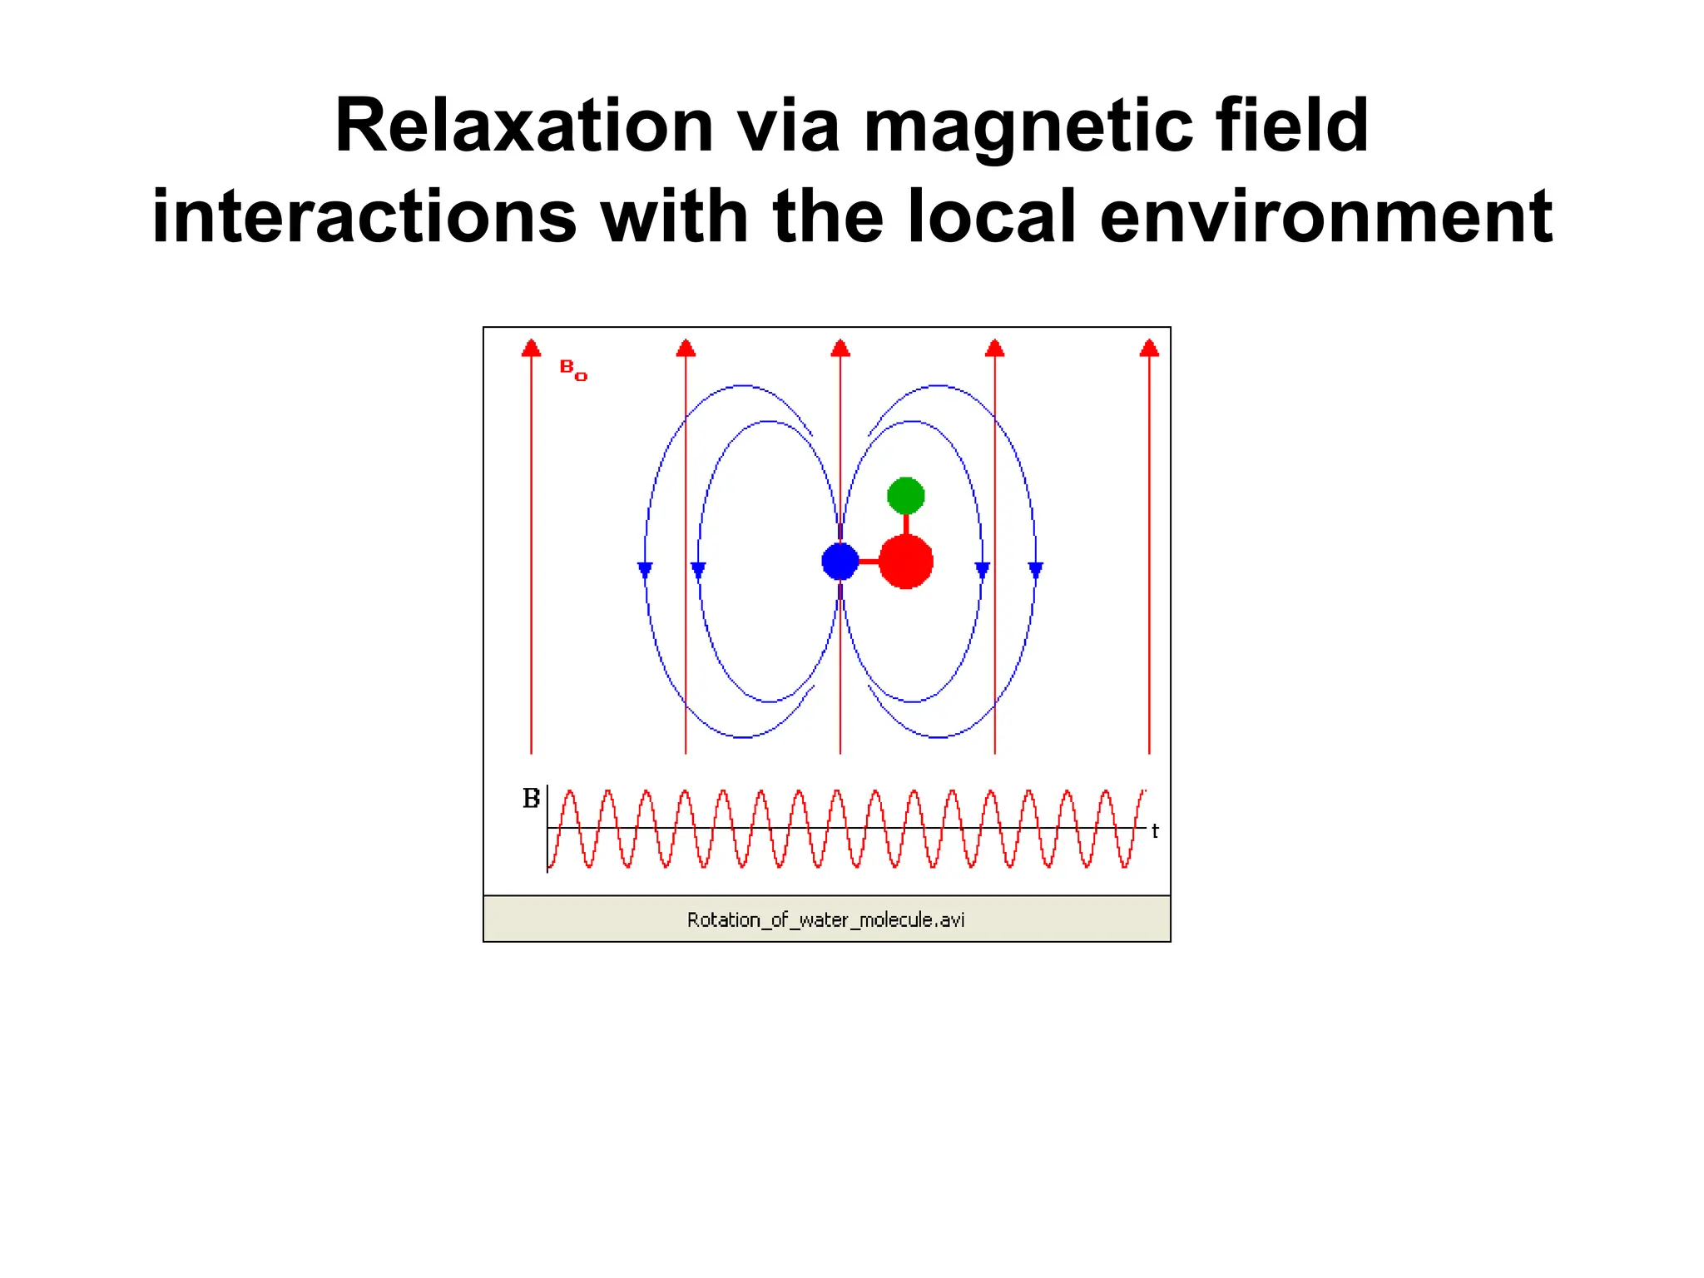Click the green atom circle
[905, 496]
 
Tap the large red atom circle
[905, 562]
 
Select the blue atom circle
[840, 562]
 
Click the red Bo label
[572, 369]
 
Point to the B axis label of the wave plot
[531, 799]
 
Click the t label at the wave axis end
[1155, 830]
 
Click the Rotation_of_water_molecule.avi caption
[825, 919]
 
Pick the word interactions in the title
[364, 216]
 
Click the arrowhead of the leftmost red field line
[531, 349]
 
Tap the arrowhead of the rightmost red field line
[1149, 349]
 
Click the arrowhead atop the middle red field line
[840, 349]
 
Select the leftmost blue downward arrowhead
[645, 570]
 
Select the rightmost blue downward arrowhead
[1035, 570]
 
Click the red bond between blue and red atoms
[869, 562]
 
